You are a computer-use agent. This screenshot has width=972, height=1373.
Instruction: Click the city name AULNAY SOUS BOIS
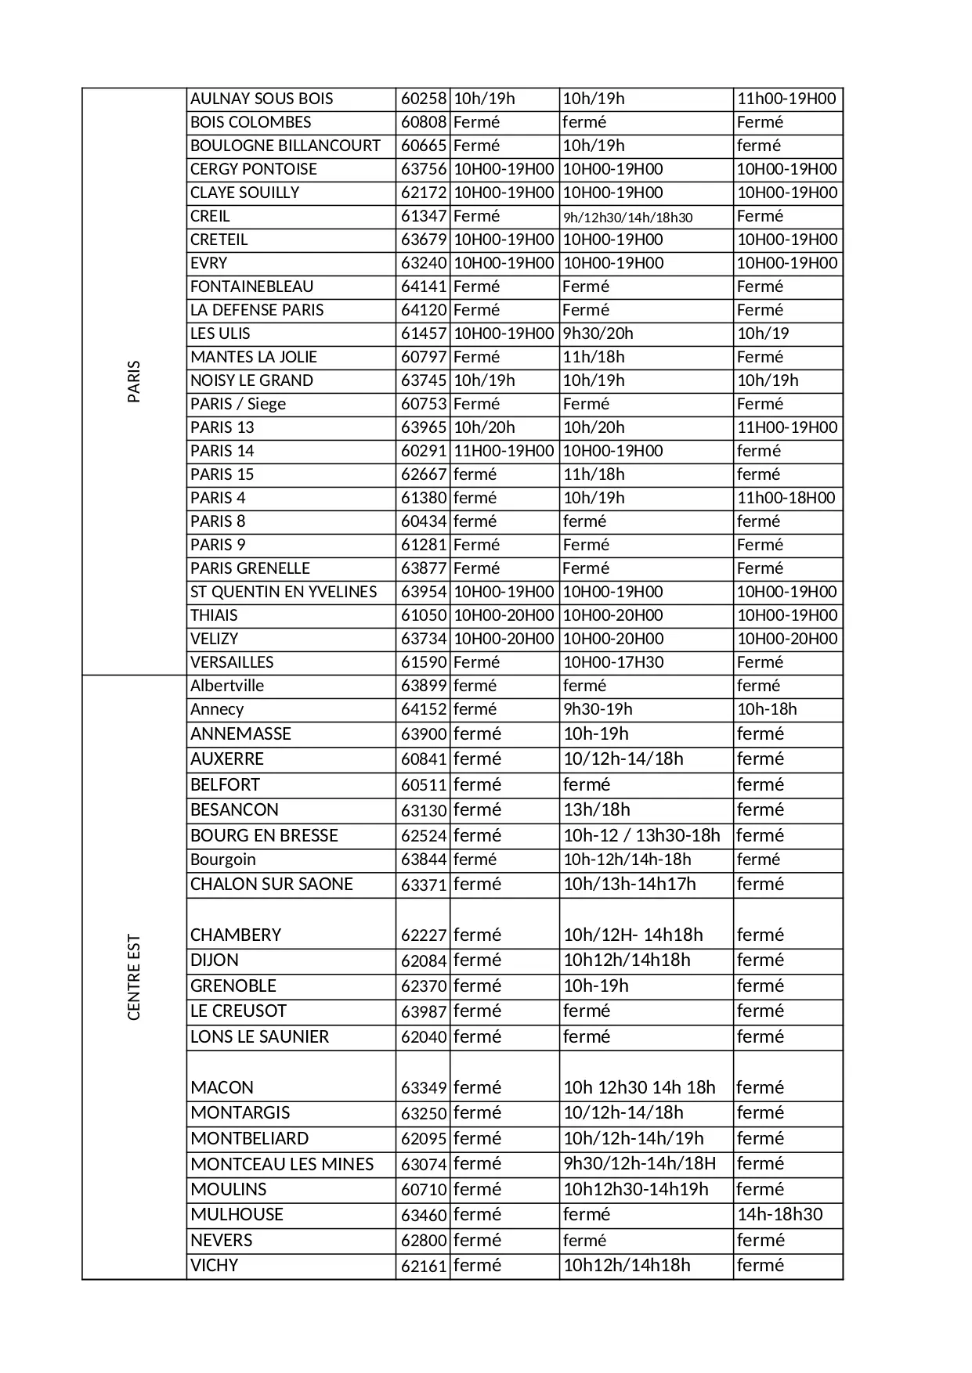(262, 99)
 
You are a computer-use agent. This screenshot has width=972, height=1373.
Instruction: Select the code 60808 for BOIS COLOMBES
(423, 122)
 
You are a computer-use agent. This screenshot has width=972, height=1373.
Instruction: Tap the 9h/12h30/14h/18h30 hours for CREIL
(627, 218)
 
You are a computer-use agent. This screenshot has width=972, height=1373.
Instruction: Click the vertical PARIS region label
(134, 381)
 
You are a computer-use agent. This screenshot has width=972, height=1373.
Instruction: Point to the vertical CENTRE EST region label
(134, 977)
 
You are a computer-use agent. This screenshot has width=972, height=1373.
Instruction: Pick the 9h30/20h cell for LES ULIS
(598, 333)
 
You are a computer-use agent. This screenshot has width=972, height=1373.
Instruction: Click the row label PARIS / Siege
(238, 404)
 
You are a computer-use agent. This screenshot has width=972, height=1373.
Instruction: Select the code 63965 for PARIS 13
(423, 427)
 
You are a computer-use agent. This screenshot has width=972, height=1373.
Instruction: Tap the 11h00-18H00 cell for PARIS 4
(786, 498)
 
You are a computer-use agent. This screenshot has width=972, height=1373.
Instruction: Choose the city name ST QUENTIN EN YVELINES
(284, 592)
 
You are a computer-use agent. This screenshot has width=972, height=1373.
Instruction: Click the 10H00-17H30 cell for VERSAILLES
(612, 662)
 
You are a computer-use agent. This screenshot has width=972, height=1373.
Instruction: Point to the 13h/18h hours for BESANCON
(596, 809)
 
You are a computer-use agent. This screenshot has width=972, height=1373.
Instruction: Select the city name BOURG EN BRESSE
(264, 835)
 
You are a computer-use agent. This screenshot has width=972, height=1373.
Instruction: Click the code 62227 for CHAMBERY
(423, 935)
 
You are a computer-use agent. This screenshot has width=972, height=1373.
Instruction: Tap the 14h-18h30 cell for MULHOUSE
(779, 1214)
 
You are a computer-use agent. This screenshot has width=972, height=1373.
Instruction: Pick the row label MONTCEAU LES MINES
(282, 1164)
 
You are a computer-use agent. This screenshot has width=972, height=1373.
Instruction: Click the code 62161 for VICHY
(423, 1266)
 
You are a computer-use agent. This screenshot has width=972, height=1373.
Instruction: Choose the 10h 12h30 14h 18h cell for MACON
(639, 1087)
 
